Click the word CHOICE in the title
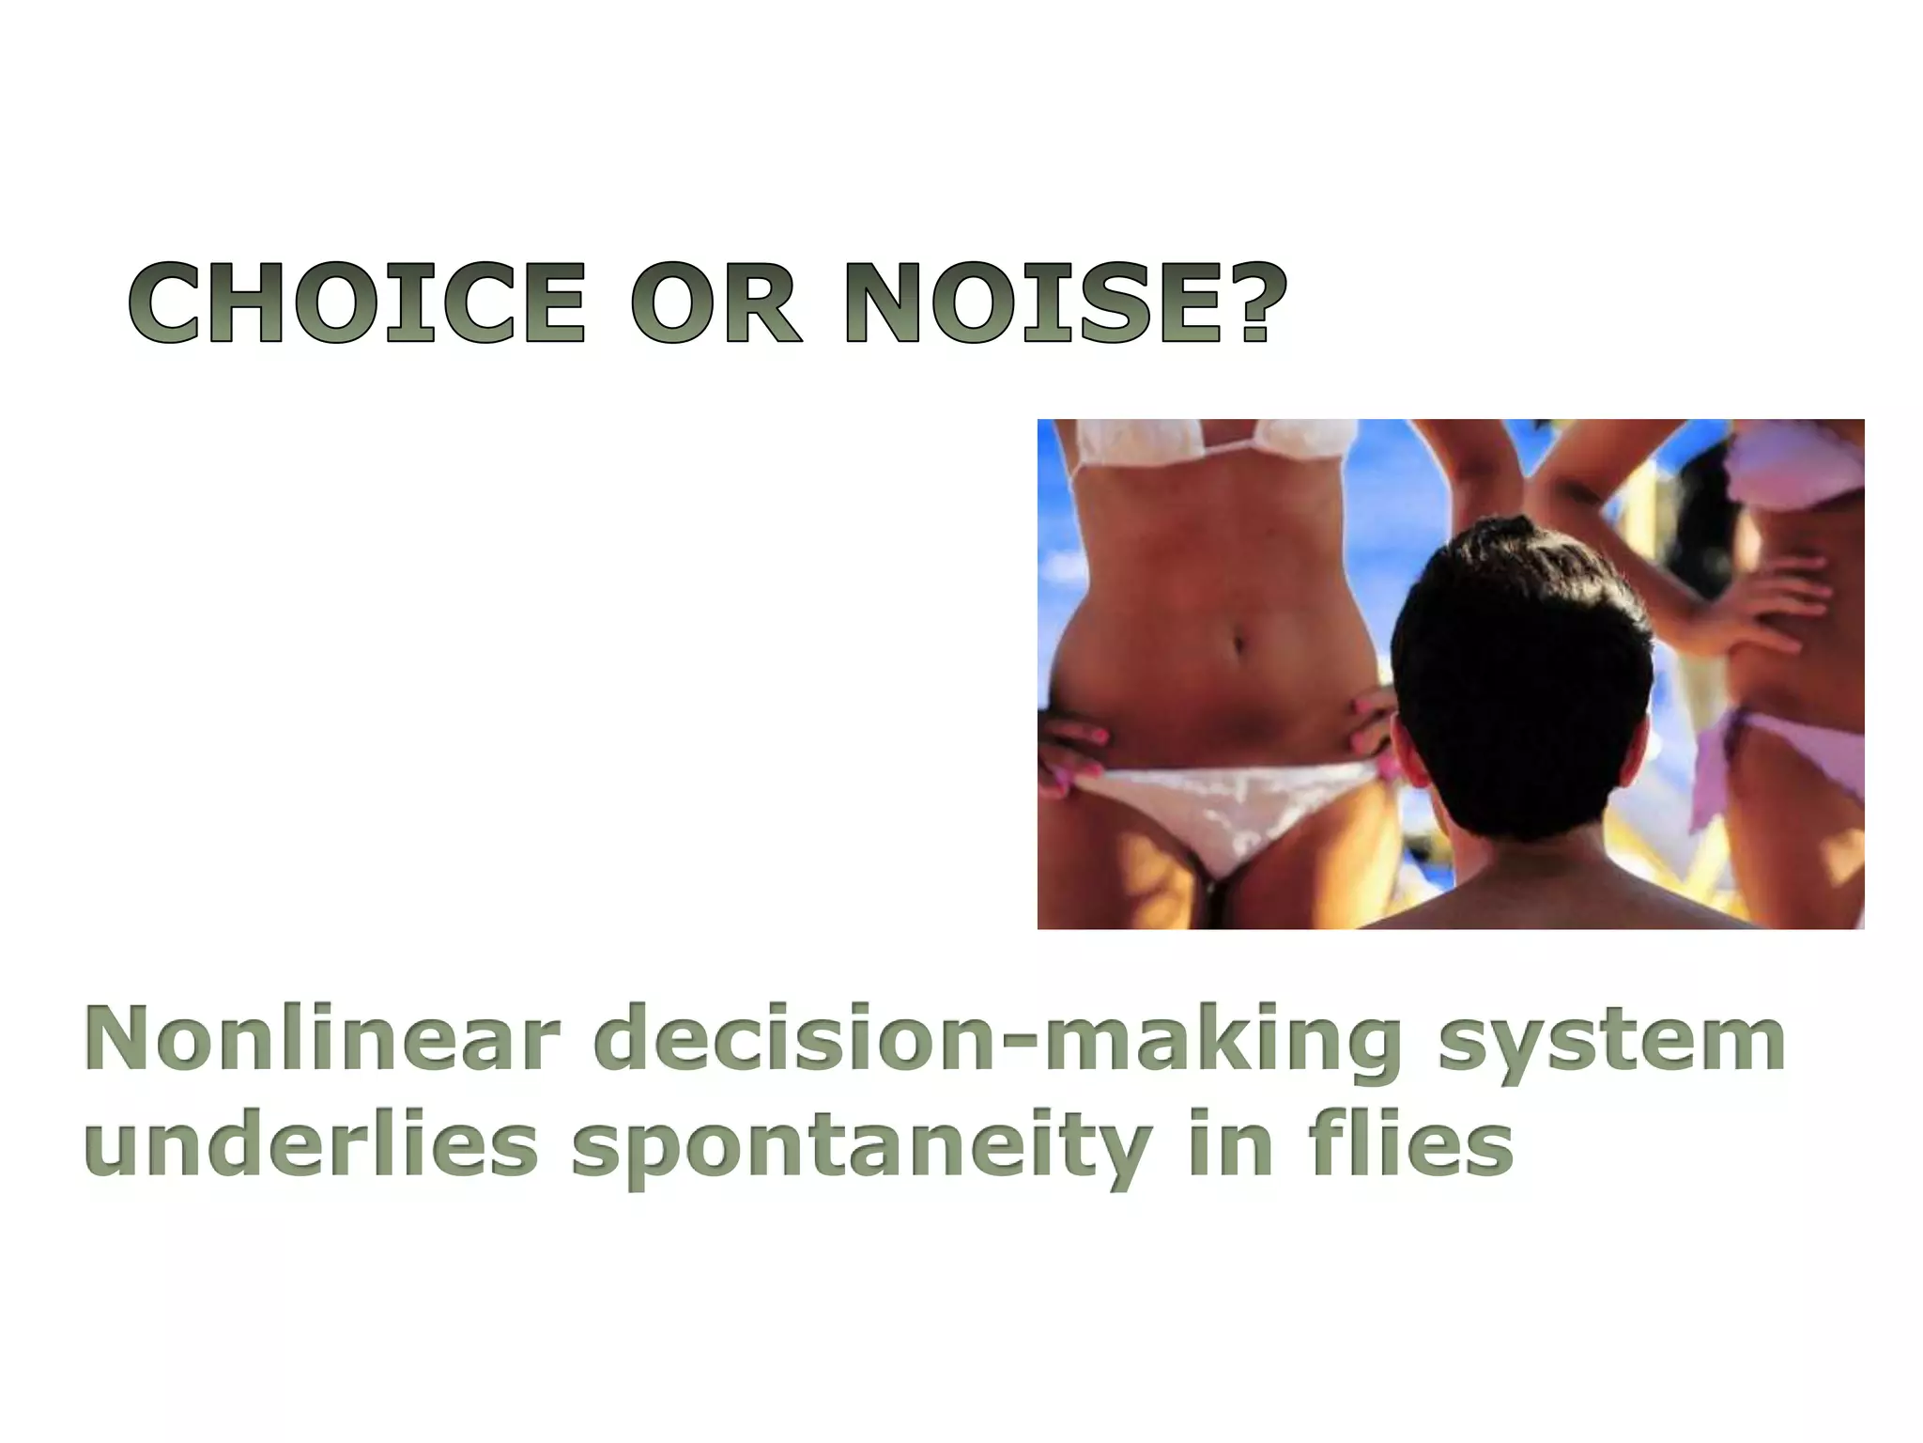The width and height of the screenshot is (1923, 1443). click(x=357, y=303)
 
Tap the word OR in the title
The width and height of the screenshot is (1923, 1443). click(x=716, y=303)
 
